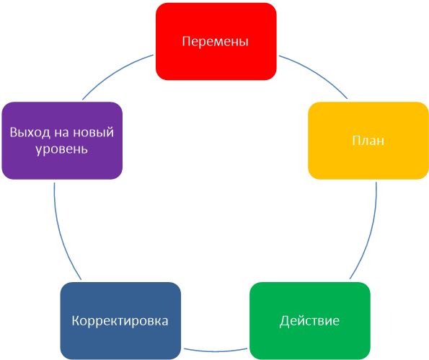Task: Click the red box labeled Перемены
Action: point(216,42)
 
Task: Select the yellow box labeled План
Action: point(368,141)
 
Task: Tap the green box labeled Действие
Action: point(310,320)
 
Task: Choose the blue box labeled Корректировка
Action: point(120,320)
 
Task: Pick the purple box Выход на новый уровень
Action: point(62,141)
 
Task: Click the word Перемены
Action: point(216,41)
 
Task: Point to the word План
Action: point(368,141)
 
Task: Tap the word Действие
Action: point(309,320)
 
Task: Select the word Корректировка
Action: point(120,321)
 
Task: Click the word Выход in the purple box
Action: point(30,133)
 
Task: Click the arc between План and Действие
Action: point(370,233)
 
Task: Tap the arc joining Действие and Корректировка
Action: point(216,351)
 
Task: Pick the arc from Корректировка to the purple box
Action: point(61,233)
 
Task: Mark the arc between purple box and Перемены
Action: point(115,73)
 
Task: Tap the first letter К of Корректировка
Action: point(76,320)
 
